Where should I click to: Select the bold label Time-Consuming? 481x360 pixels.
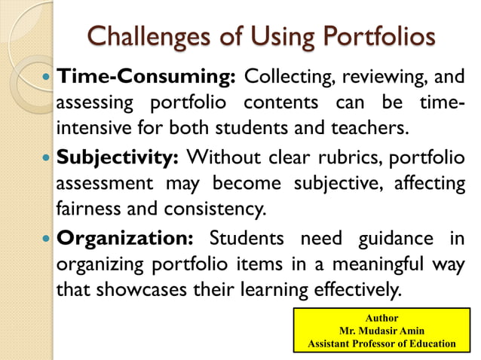pos(148,77)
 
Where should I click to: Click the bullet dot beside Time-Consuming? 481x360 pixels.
pos(47,78)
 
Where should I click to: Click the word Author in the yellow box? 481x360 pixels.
pos(382,318)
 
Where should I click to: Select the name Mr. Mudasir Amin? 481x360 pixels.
pos(382,331)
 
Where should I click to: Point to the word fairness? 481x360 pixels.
pos(87,206)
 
